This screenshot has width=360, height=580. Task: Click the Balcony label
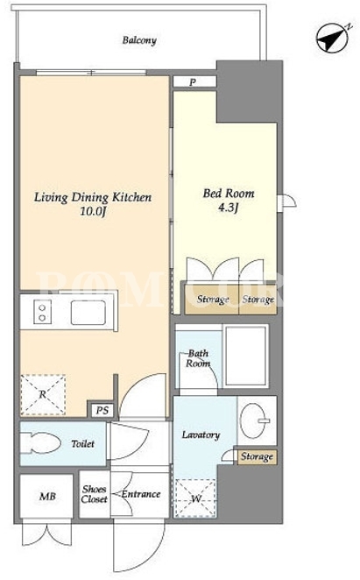click(139, 40)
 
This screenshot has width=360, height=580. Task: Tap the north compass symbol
click(333, 38)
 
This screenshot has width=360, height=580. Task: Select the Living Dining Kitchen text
click(93, 197)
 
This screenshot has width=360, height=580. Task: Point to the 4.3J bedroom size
click(228, 208)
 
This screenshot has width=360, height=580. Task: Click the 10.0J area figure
click(93, 211)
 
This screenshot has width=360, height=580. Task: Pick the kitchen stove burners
click(42, 312)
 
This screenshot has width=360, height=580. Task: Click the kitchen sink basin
click(88, 313)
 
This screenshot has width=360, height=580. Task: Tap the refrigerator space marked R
click(43, 394)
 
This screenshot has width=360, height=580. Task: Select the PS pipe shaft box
click(102, 410)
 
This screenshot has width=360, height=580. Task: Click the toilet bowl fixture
click(40, 442)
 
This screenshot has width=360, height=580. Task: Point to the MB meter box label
click(47, 496)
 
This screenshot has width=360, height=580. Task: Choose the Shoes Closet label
click(95, 494)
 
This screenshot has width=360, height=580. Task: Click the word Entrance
click(141, 494)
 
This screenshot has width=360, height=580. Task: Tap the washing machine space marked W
click(195, 499)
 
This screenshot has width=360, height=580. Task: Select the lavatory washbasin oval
click(253, 421)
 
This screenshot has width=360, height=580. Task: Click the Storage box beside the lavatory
click(258, 457)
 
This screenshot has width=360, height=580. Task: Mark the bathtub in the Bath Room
click(246, 356)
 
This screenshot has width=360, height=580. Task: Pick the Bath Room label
click(198, 358)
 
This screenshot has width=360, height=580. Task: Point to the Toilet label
click(82, 443)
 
